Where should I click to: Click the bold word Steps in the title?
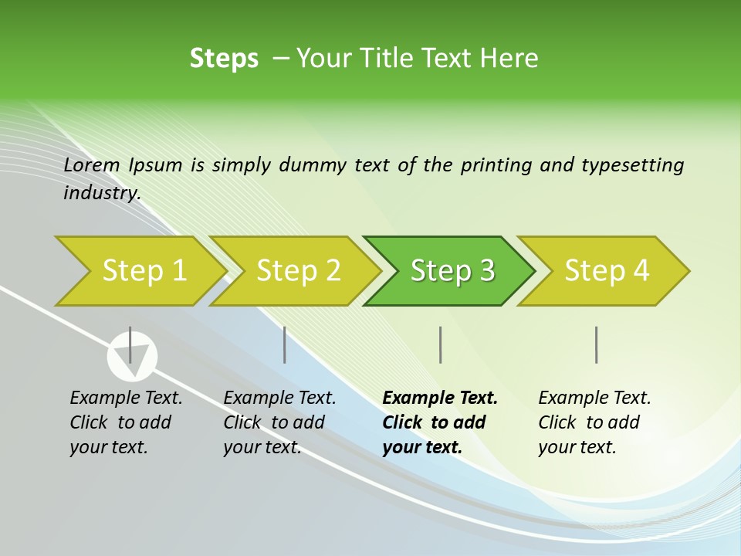coord(224,59)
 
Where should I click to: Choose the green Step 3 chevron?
coord(452,271)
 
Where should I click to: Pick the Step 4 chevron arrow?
coord(607,271)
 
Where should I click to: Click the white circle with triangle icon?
coord(132,357)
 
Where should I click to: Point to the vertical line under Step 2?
coord(285,344)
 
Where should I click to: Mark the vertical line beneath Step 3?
coord(440,344)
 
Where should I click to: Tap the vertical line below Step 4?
coord(596,344)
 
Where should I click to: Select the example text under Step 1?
coord(126,422)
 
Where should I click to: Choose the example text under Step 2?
coord(279,422)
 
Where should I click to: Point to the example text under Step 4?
coord(594,422)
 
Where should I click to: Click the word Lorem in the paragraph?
coord(92,164)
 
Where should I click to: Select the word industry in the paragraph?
coord(101,192)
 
